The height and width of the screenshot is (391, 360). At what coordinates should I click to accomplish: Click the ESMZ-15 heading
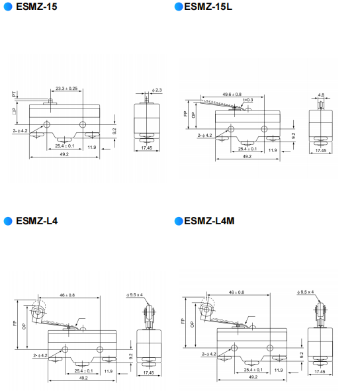(36, 7)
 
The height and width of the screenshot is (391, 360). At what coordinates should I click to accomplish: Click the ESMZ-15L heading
(208, 7)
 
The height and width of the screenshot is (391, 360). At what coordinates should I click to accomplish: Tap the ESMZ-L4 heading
(36, 221)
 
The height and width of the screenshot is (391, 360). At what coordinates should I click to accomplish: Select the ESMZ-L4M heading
(209, 221)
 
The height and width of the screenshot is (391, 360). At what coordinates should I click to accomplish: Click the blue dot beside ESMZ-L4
(8, 221)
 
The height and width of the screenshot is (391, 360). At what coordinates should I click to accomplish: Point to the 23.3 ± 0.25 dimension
(66, 88)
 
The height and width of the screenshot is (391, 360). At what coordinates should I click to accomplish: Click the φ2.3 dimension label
(157, 90)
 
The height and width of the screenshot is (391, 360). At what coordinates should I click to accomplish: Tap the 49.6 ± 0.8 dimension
(232, 94)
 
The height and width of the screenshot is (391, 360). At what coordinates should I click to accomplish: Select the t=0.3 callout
(248, 100)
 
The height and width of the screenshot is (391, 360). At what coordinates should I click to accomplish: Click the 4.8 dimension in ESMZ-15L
(321, 95)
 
